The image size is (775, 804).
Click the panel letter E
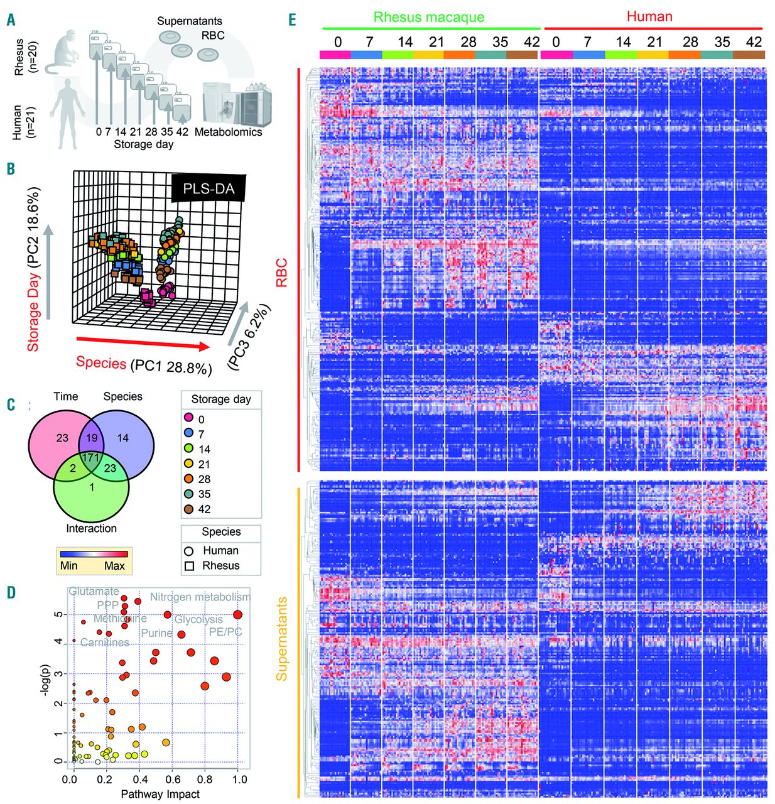[292, 19]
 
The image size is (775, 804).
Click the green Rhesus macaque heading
[429, 17]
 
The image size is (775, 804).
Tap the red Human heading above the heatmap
[649, 16]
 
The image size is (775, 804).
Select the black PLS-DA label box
[209, 188]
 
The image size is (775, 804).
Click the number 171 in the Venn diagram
[92, 457]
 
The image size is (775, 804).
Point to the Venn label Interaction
[92, 528]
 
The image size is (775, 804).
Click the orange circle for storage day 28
[188, 479]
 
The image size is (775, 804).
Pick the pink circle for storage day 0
[188, 419]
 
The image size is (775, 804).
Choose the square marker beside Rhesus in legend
[189, 565]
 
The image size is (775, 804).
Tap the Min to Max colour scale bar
[94, 554]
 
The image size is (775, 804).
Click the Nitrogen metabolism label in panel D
[200, 597]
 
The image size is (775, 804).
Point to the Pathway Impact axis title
[160, 794]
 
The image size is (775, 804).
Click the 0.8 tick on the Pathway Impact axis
[205, 780]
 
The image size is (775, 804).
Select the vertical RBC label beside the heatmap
[282, 273]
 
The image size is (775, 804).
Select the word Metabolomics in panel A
[228, 132]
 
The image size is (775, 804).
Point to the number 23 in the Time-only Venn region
[62, 438]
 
